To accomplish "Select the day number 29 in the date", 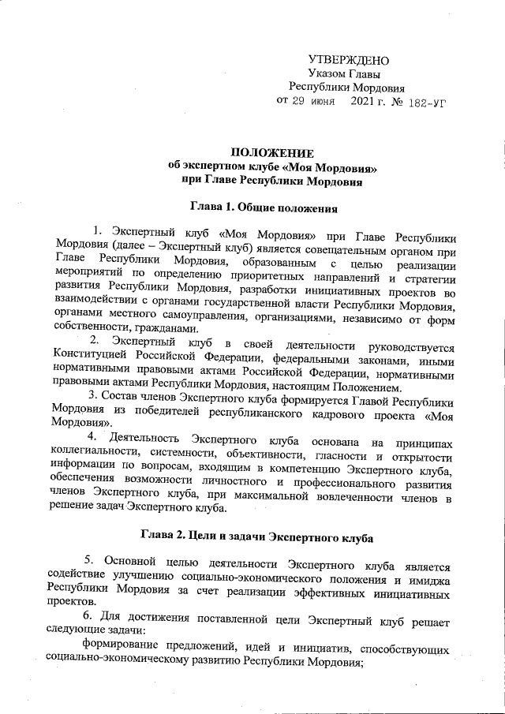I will [300, 102].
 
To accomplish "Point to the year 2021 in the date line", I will [365, 102].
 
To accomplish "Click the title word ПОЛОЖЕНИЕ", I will [271, 153].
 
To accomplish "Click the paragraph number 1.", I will [97, 231].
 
